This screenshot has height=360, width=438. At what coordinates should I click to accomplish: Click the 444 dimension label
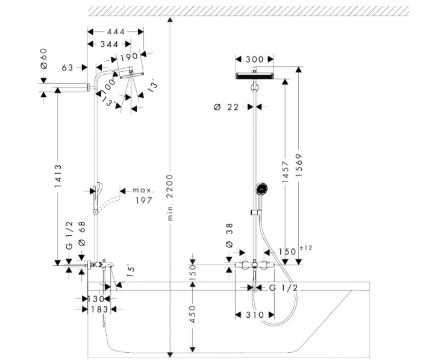(116, 31)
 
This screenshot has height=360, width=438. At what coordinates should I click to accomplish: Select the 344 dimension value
(109, 44)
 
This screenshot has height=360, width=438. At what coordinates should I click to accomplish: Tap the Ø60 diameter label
(44, 58)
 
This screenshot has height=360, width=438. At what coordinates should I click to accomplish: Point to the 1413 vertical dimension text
(58, 176)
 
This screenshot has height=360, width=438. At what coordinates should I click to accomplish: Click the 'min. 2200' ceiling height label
(170, 198)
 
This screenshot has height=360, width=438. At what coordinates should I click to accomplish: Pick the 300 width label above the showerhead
(254, 59)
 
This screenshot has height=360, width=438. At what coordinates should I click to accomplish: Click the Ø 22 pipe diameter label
(227, 107)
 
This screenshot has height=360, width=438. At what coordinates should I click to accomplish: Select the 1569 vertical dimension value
(299, 165)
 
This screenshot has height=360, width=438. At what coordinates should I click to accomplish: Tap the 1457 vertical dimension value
(285, 172)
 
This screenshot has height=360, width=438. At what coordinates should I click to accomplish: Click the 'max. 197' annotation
(143, 195)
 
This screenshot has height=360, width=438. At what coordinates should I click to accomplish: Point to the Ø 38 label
(229, 235)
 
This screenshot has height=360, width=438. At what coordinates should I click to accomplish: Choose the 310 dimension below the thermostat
(255, 315)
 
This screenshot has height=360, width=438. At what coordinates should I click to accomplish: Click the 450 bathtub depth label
(193, 314)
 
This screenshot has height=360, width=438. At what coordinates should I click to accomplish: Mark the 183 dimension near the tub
(99, 309)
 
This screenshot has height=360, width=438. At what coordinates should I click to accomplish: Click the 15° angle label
(131, 271)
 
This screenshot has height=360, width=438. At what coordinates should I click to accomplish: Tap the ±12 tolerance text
(306, 248)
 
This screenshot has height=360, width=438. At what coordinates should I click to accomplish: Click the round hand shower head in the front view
(261, 189)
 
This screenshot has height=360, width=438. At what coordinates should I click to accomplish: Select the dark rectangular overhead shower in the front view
(254, 76)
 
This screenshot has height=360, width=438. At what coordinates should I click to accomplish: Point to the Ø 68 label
(82, 233)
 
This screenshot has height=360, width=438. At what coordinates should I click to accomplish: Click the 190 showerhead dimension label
(129, 57)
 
